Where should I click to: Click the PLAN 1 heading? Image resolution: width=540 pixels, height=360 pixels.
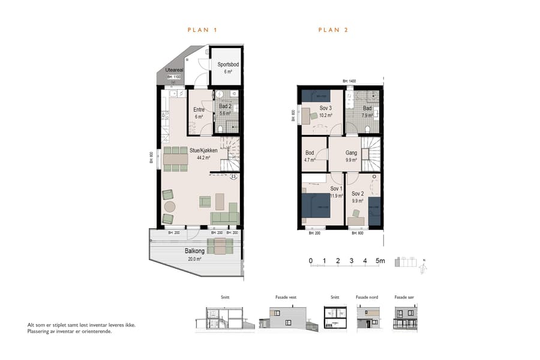point(202,29)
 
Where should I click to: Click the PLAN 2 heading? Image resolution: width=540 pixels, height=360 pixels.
point(333,29)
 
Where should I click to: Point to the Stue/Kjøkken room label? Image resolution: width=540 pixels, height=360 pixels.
point(203,151)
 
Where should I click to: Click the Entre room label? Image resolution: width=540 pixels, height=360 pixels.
point(199,110)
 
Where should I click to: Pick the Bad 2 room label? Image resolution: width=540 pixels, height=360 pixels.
point(226,106)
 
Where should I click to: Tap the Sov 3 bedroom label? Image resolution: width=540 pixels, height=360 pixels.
point(326,108)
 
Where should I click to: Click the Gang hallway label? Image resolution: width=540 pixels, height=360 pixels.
point(351,153)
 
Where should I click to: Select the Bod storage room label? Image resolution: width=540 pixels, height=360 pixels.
point(310,153)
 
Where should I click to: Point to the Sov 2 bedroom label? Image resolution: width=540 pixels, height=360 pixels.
point(358,193)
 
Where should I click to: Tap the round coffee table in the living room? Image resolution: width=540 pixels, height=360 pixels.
point(170,206)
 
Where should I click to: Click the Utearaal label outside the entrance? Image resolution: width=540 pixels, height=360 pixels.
point(174,70)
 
